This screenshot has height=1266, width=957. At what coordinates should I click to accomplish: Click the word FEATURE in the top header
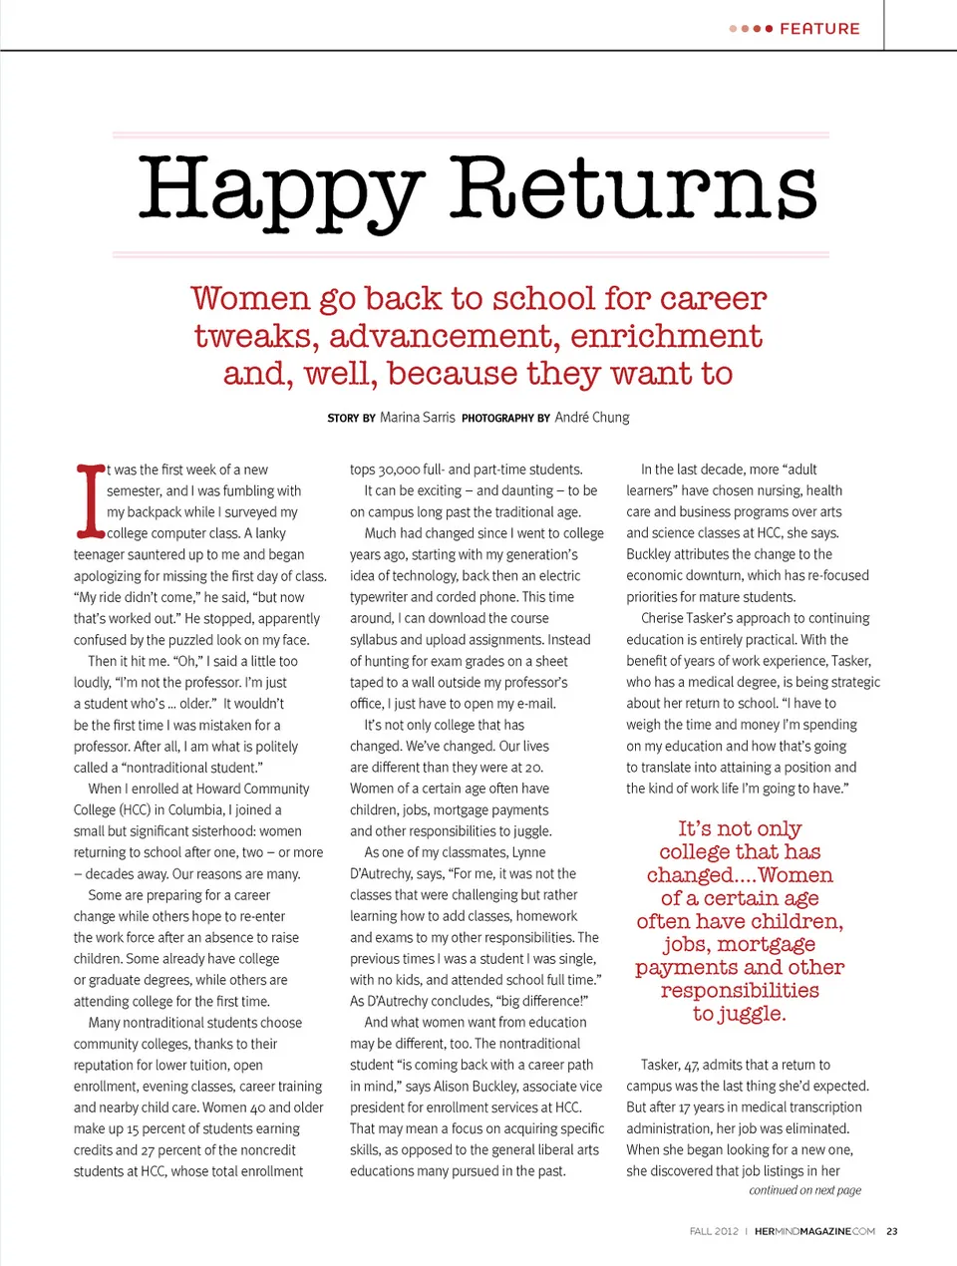(819, 29)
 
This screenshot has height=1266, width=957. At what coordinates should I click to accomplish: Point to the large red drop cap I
(91, 500)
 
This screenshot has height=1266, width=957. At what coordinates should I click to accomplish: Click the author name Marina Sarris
(417, 418)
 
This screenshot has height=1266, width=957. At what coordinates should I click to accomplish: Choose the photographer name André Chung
(592, 418)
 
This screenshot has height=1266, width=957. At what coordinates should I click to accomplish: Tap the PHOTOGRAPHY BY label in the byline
(505, 419)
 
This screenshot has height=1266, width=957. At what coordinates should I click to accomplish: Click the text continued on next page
(804, 1190)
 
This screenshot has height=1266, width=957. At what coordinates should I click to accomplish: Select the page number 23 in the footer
(891, 1231)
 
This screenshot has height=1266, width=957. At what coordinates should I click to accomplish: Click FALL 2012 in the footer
(714, 1231)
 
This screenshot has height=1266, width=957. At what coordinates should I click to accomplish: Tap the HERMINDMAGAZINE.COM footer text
(814, 1231)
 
